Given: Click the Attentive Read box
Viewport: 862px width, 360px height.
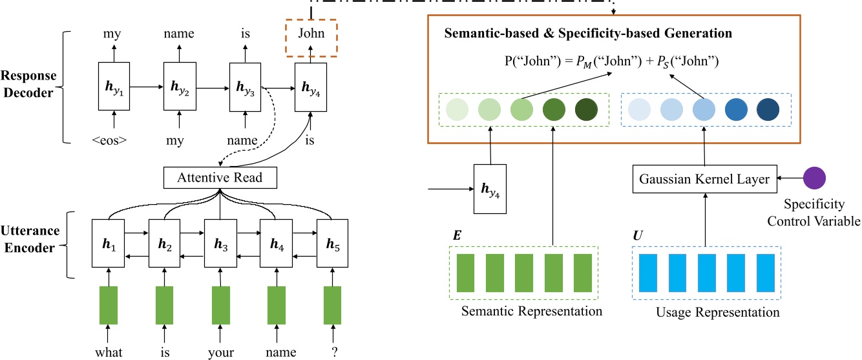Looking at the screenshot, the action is point(220,178).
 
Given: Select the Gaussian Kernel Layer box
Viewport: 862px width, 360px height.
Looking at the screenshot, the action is point(704,179).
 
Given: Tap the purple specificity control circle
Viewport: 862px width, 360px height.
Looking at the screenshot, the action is point(814,178).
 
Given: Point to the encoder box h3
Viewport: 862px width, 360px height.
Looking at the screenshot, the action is point(220,243).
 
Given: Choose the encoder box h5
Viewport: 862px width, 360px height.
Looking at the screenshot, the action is point(333,243).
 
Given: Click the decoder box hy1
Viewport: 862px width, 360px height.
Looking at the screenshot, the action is point(114,86).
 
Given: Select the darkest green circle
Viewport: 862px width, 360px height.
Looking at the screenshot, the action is point(586,109).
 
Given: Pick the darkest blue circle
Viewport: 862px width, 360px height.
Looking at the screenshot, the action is point(768,109).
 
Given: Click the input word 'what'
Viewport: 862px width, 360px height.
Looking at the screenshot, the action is point(109,352).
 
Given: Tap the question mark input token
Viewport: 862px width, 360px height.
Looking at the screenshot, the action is point(335,352).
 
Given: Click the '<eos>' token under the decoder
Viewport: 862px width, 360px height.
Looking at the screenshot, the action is point(109,140).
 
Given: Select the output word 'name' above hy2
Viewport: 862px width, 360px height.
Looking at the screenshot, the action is point(179,34).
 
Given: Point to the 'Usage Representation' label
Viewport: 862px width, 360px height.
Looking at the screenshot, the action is point(718,312).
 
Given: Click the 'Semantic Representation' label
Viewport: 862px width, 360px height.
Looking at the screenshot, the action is point(532,311).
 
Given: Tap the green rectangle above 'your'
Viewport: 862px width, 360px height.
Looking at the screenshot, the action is point(221,305).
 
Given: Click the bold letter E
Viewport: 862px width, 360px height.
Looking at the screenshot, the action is point(457,235).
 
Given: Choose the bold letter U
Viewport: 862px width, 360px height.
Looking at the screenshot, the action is point(638,235).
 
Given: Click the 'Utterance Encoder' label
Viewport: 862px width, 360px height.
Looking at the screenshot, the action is point(30,239).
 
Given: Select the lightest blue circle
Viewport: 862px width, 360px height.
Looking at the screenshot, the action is point(639,109).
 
